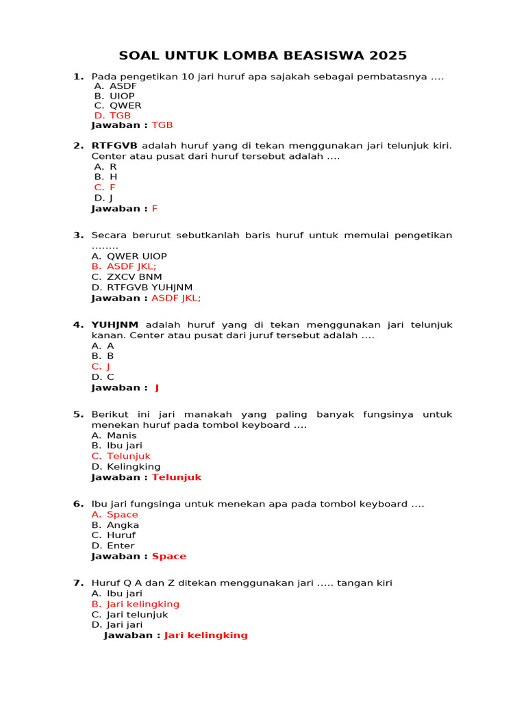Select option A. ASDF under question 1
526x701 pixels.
pyautogui.click(x=116, y=86)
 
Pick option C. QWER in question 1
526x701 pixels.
pyautogui.click(x=118, y=105)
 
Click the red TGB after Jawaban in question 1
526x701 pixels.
pyautogui.click(x=162, y=125)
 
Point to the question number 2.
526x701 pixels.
pyautogui.click(x=78, y=146)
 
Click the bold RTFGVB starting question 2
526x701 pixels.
pyautogui.click(x=114, y=146)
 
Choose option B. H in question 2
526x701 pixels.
pyautogui.click(x=105, y=177)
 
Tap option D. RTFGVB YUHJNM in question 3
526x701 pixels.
pyautogui.click(x=142, y=288)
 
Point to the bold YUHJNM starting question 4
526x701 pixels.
pyautogui.click(x=115, y=325)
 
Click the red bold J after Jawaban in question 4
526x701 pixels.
pyautogui.click(x=157, y=388)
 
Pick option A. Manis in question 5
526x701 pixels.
pyautogui.click(x=114, y=435)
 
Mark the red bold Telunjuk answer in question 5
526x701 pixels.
pyautogui.click(x=177, y=478)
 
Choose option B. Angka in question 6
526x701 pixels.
pyautogui.click(x=115, y=525)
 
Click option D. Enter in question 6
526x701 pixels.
pyautogui.click(x=113, y=546)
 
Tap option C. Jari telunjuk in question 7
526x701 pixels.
pyautogui.click(x=129, y=615)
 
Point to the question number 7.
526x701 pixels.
pyautogui.click(x=78, y=583)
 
